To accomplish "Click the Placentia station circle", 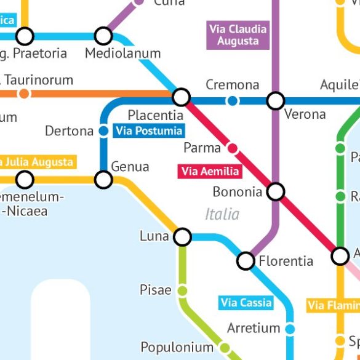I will (181, 97).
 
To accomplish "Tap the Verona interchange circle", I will (276, 100).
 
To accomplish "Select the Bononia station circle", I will (276, 192).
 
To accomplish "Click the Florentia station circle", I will (246, 261).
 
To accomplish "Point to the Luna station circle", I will (183, 236).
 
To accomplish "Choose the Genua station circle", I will (103, 180).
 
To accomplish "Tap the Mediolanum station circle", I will (103, 36).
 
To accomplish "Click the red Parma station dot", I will (233, 148).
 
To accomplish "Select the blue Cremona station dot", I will (232, 100).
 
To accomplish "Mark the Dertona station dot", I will (104, 131).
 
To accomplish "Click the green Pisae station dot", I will (182, 290).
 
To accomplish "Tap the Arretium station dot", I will (290, 329).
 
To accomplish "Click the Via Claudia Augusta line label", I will (238, 35).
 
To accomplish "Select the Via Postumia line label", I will (149, 130).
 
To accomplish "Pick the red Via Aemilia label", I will (209, 171).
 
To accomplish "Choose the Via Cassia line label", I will (246, 303).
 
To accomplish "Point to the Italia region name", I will (222, 214).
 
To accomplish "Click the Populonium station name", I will (177, 346).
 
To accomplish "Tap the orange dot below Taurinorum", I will (24, 94).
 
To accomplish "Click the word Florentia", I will (286, 261).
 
